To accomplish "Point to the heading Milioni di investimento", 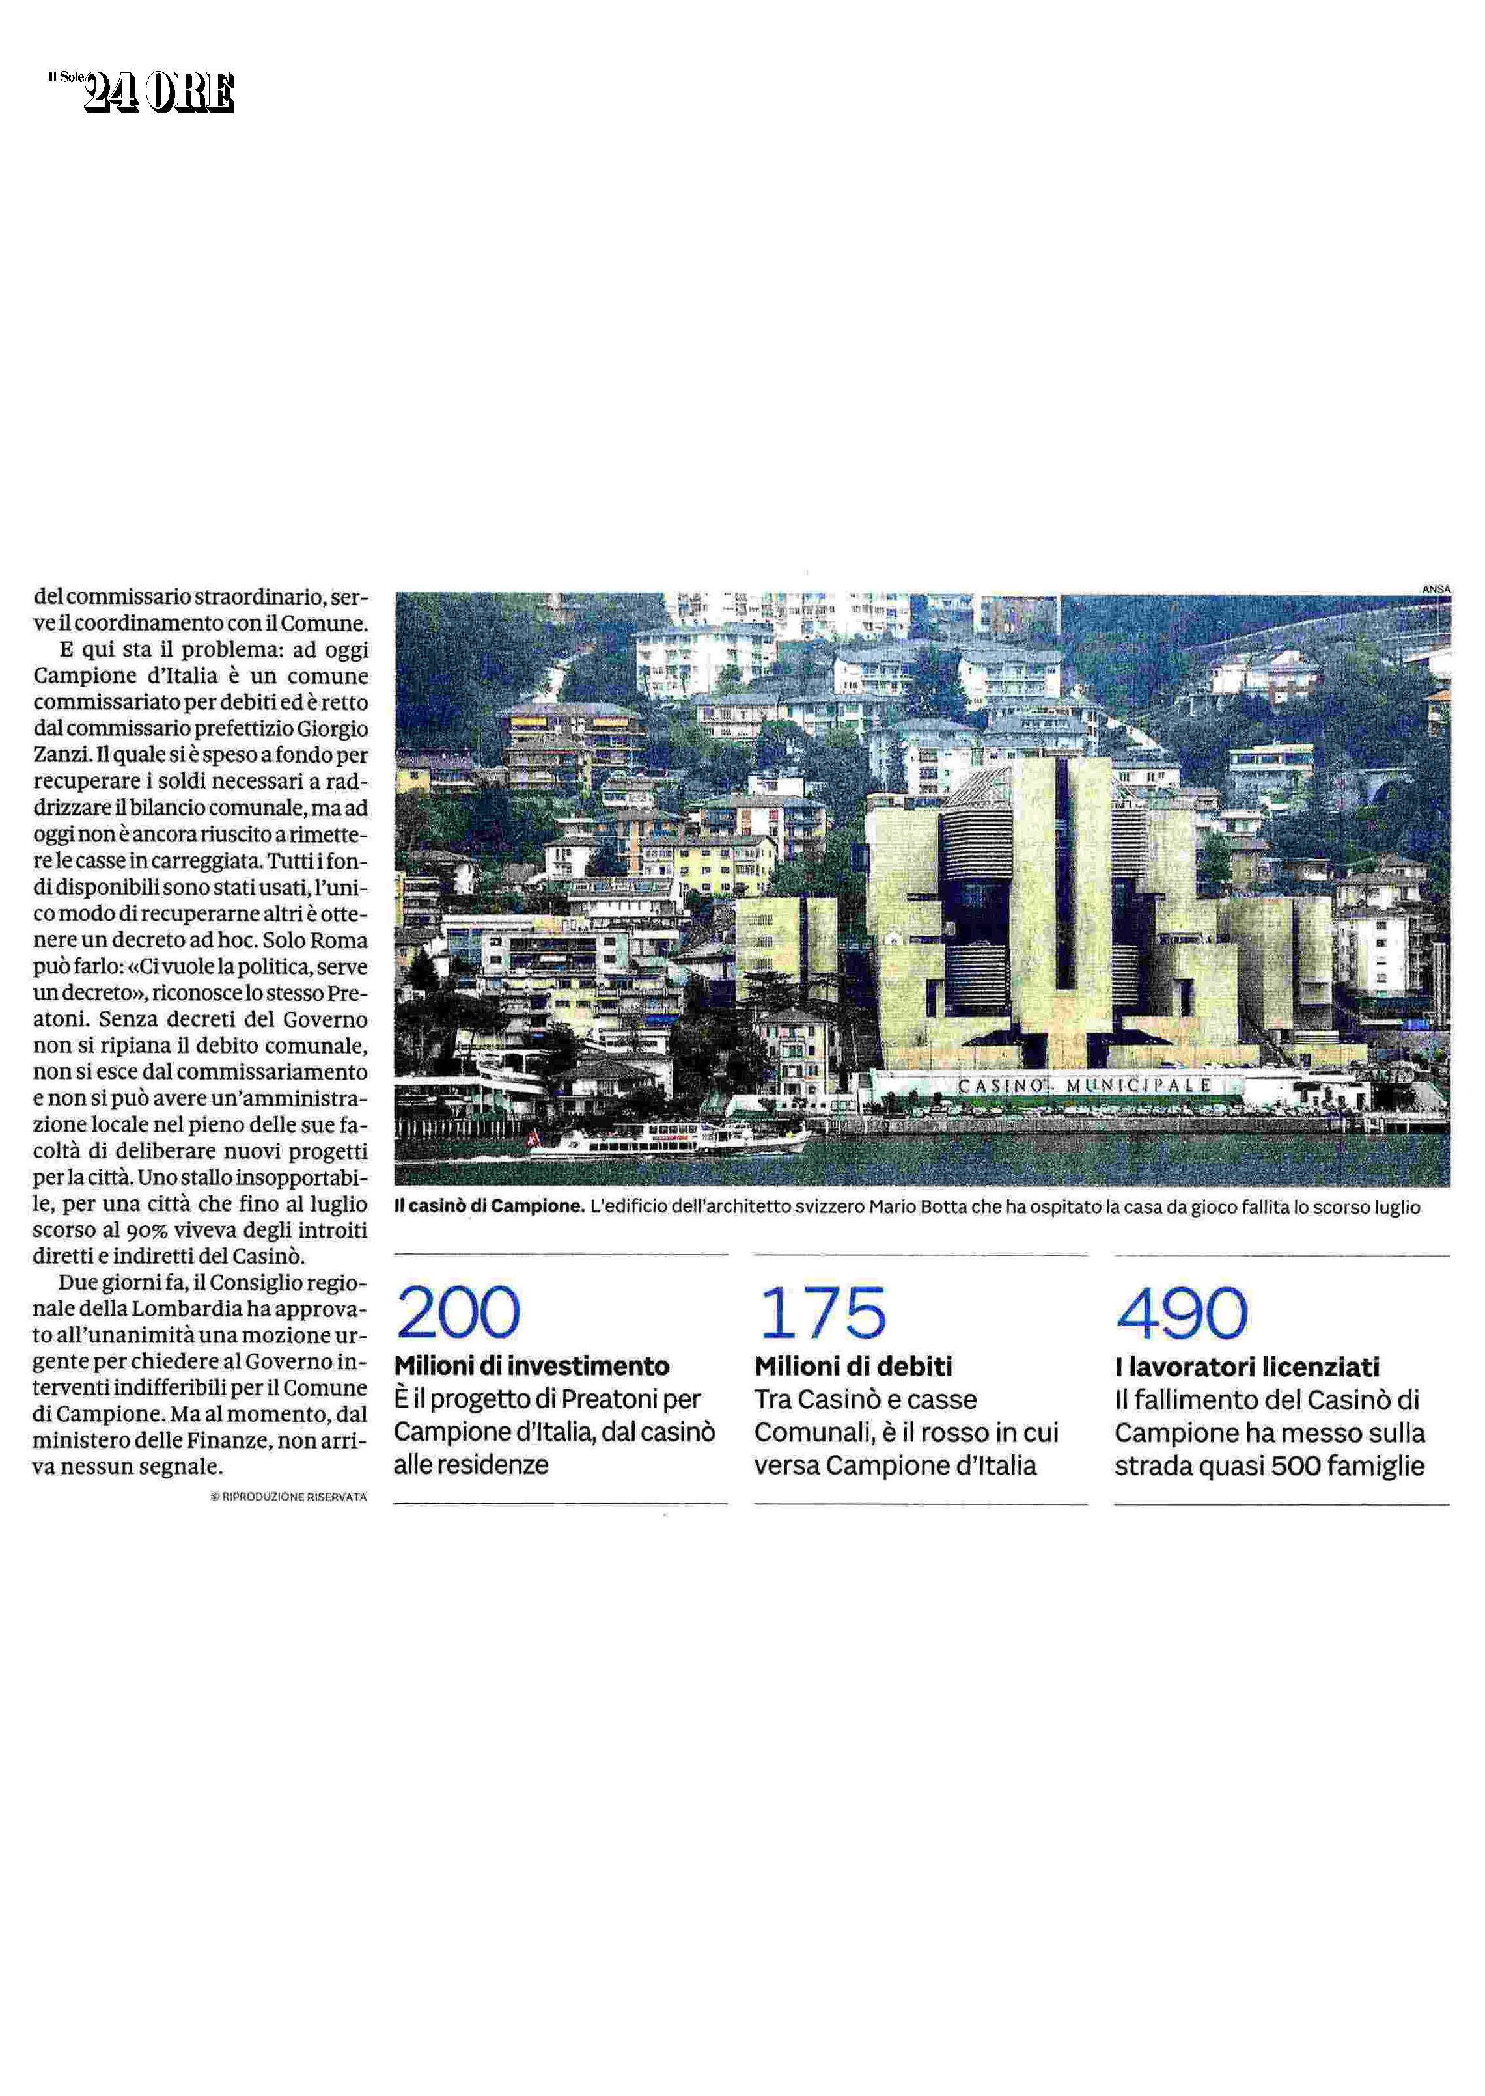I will pyautogui.click(x=531, y=1366).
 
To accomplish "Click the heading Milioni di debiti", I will pyautogui.click(x=853, y=1367).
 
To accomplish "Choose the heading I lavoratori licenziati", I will pyautogui.click(x=1246, y=1367).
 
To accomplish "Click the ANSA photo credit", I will pyautogui.click(x=1436, y=590).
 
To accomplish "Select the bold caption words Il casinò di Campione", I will pyautogui.click(x=488, y=1206).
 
